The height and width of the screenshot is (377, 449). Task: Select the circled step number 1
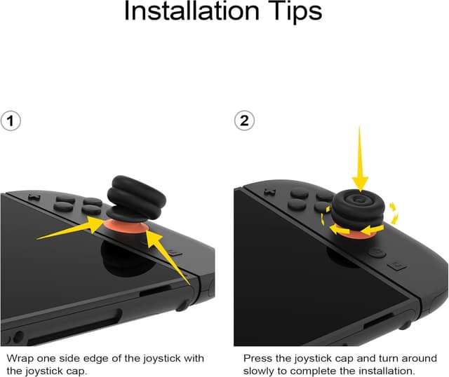(10, 121)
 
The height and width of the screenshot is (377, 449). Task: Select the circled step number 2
(244, 121)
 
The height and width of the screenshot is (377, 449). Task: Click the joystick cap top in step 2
(360, 201)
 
